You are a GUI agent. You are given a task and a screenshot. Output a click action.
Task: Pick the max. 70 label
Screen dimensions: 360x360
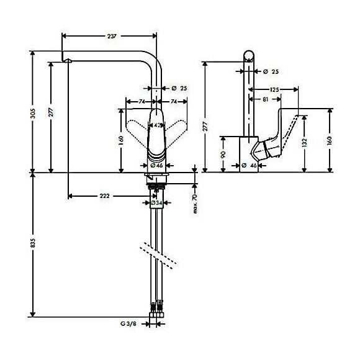(x=194, y=204)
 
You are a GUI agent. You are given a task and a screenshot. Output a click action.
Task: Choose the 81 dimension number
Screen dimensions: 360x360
(x=266, y=99)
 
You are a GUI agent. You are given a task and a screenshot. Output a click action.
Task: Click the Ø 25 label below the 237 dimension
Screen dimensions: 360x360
(x=178, y=88)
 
